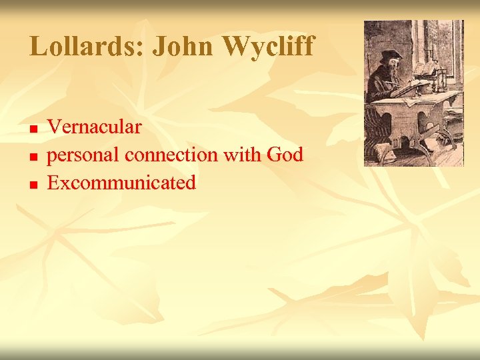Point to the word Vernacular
[x=94, y=127]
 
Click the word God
[x=285, y=155]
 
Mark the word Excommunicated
[x=121, y=183]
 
